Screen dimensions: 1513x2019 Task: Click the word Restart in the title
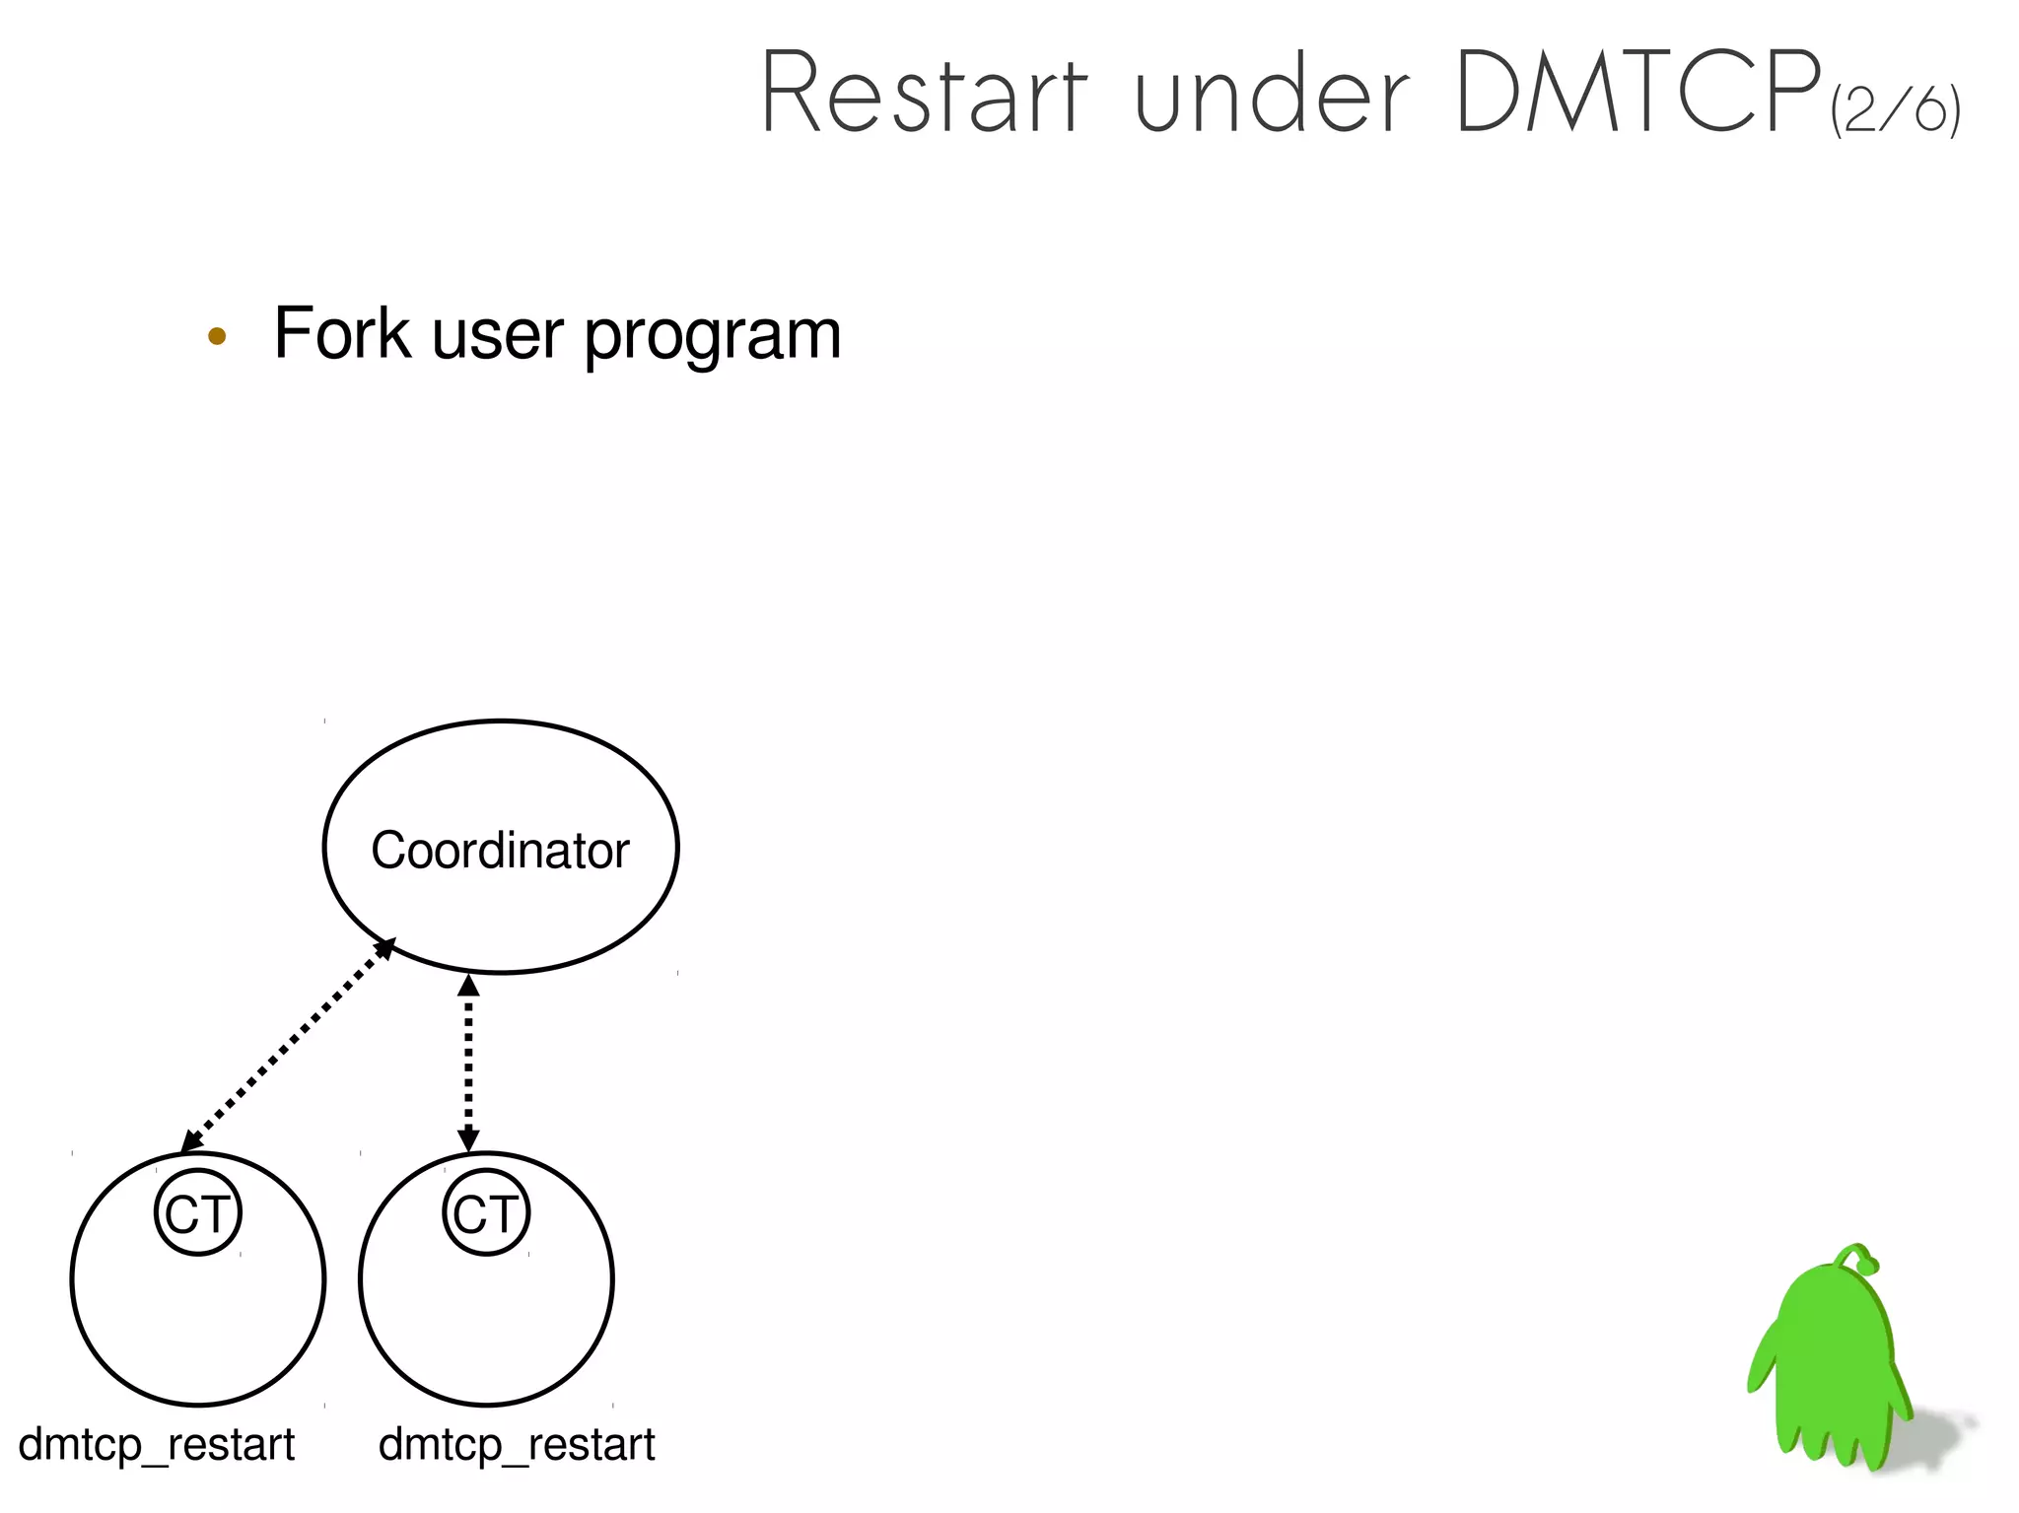(x=925, y=95)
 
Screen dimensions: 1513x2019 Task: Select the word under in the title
(x=1272, y=95)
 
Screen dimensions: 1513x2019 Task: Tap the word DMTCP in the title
(x=1636, y=93)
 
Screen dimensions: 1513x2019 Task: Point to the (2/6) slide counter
(x=1895, y=110)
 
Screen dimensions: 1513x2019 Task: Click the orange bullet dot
(x=217, y=336)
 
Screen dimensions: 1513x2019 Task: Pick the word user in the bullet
(x=498, y=335)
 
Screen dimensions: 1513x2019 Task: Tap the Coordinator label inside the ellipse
(x=500, y=850)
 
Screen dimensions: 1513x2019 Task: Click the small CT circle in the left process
(x=198, y=1212)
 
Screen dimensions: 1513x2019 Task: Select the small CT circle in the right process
(x=486, y=1212)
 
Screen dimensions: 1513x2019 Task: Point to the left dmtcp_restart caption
(x=157, y=1445)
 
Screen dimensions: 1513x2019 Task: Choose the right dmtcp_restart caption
(x=517, y=1445)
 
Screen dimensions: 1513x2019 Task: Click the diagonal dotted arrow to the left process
(x=288, y=1045)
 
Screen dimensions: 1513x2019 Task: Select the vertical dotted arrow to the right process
(x=468, y=1063)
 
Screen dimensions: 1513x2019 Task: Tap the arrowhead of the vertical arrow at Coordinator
(x=468, y=985)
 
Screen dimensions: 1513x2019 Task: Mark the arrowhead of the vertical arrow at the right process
(x=468, y=1140)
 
